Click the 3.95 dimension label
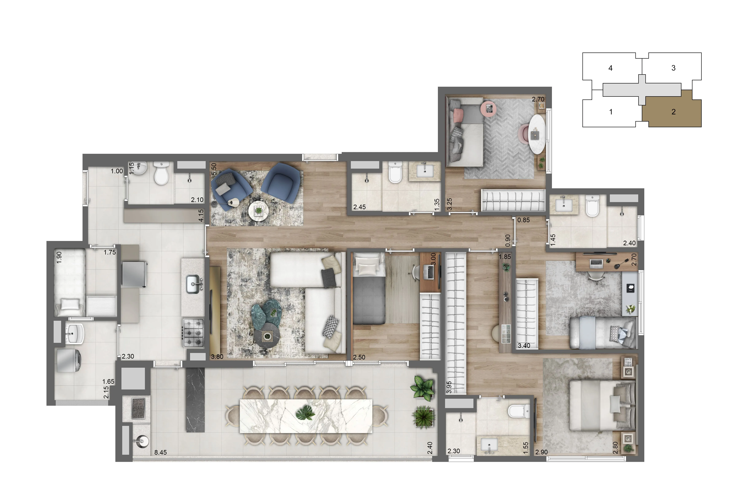pyautogui.click(x=449, y=387)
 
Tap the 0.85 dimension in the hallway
pyautogui.click(x=524, y=220)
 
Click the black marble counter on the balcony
pyautogui.click(x=195, y=400)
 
